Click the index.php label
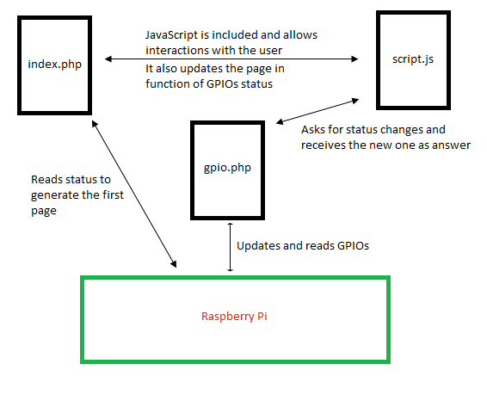[x=55, y=65]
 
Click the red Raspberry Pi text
[x=234, y=316]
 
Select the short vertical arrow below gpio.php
[x=230, y=247]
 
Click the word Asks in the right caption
[x=314, y=130]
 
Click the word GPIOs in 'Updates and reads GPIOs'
[x=352, y=246]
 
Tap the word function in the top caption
[x=169, y=83]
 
